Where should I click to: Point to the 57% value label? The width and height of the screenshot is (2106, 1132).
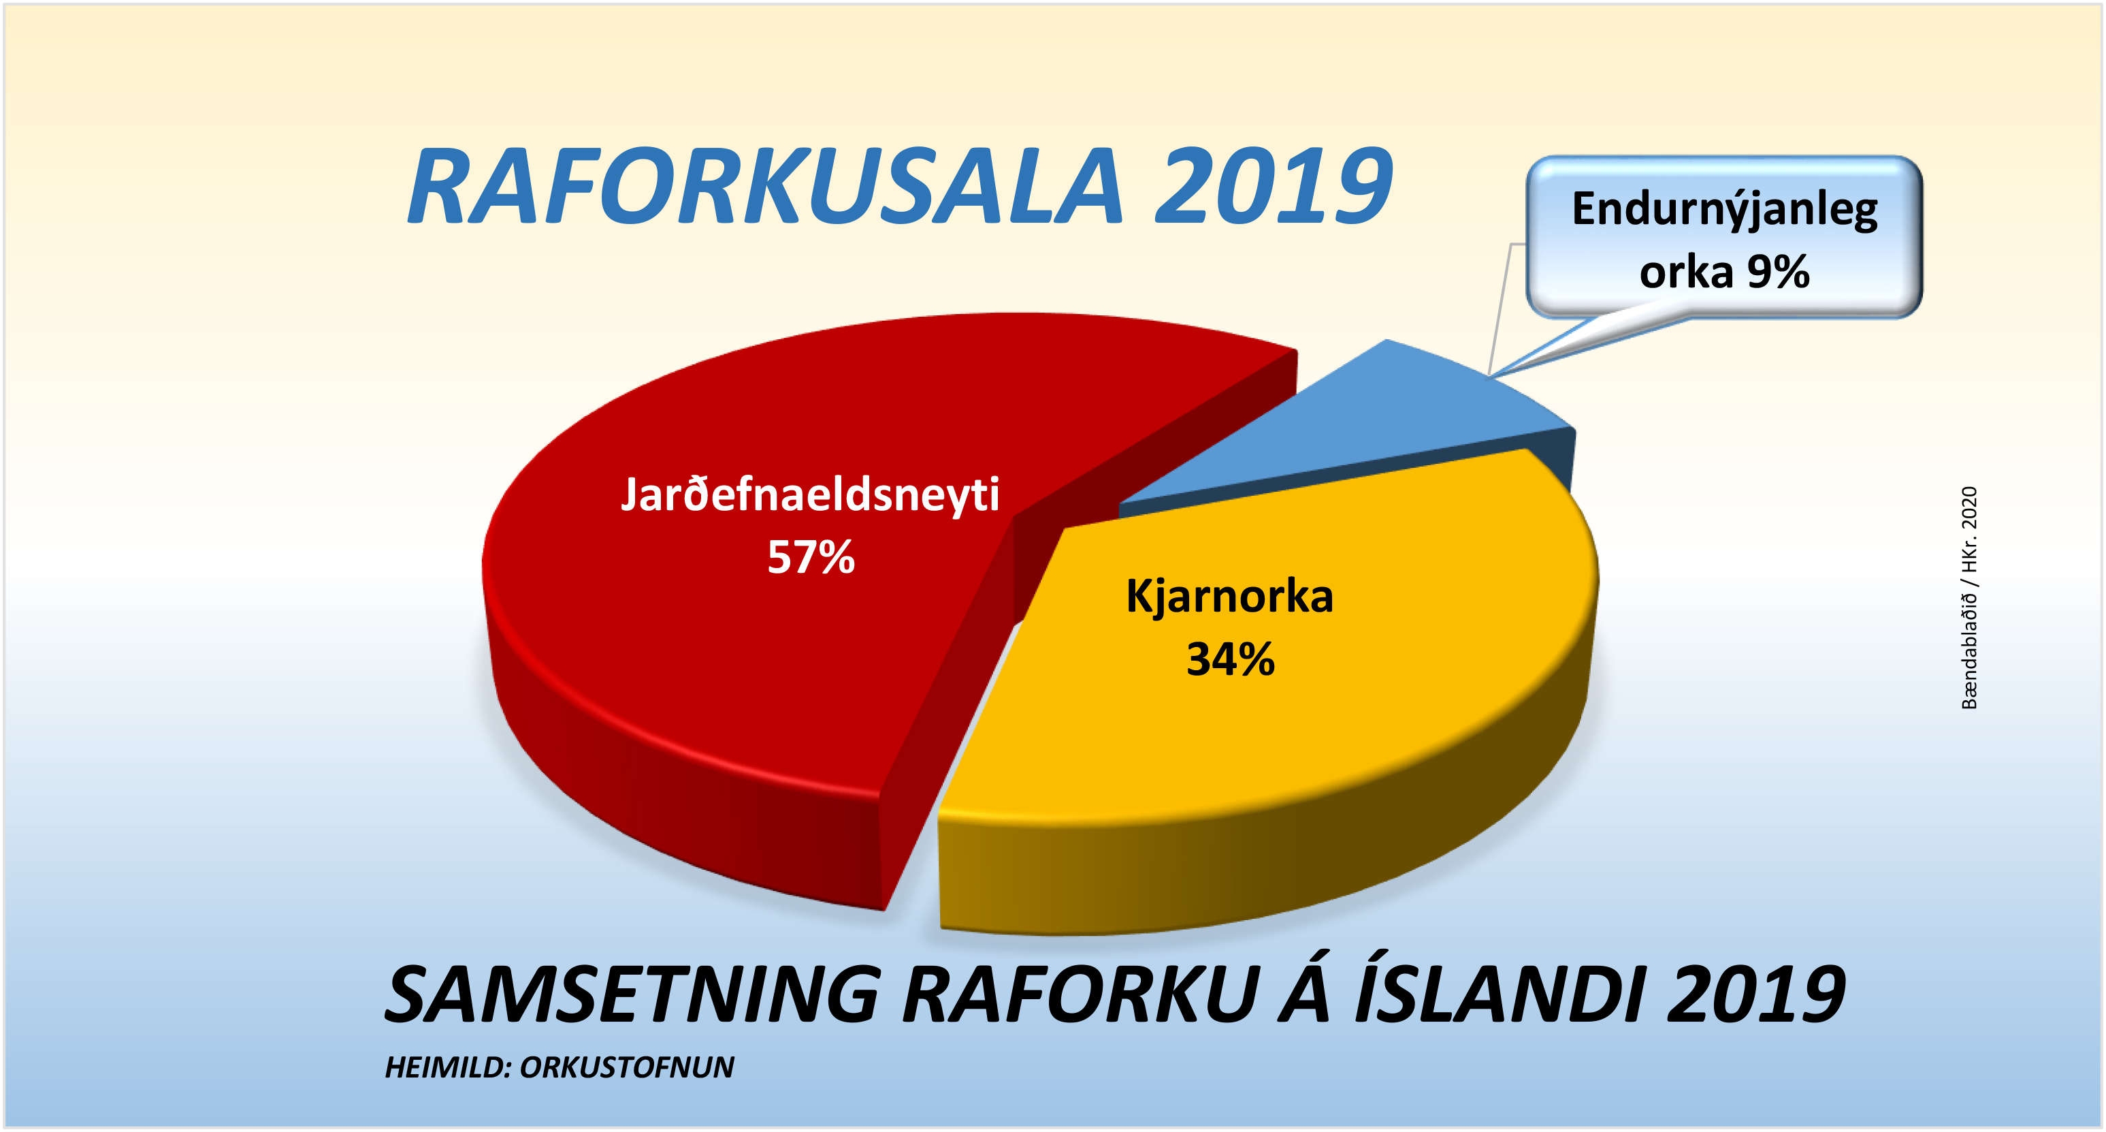coord(811,558)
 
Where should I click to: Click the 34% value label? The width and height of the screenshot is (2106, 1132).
coord(1231,659)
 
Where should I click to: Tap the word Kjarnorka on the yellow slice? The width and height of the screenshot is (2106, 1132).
coord(1229,595)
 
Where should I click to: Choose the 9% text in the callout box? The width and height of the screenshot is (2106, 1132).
coord(1778,272)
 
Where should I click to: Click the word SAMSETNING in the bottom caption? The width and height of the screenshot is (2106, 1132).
coord(632,994)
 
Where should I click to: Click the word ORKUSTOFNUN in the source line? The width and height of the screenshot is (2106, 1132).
coord(627,1068)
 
